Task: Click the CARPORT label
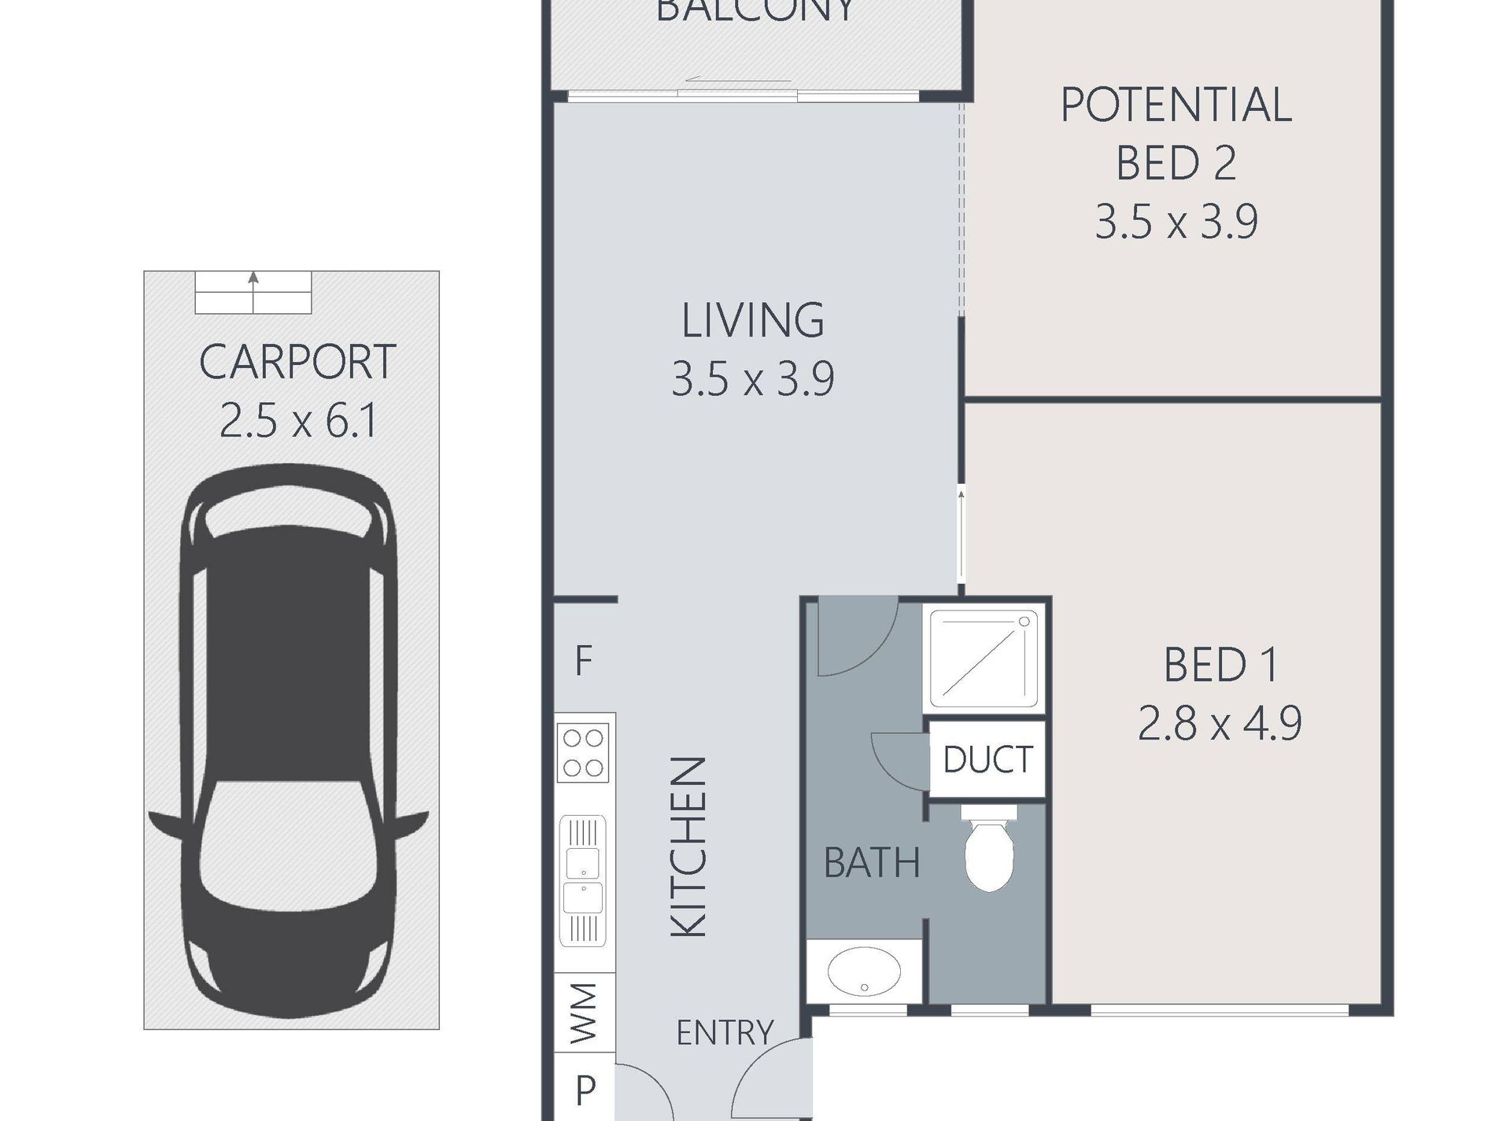[297, 362]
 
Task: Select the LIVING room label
[753, 320]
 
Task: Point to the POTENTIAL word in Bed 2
[1176, 105]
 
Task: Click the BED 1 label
[1221, 665]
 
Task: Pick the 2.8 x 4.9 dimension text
[1220, 724]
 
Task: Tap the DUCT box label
[987, 759]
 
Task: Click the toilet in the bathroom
[989, 848]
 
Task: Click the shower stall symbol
[988, 658]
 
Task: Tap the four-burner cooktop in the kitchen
[584, 753]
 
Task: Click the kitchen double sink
[583, 881]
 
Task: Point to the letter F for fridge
[583, 661]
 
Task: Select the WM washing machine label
[583, 1012]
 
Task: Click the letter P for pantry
[585, 1090]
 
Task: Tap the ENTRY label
[725, 1032]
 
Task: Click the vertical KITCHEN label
[689, 847]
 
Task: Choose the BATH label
[872, 863]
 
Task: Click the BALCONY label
[755, 9]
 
